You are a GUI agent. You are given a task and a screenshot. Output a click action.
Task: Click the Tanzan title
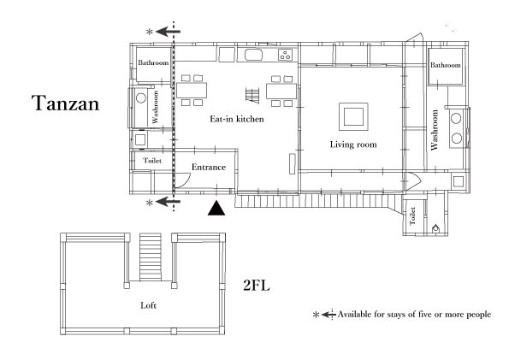pyautogui.click(x=65, y=103)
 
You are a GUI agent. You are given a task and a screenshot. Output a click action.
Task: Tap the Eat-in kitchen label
pyautogui.click(x=237, y=119)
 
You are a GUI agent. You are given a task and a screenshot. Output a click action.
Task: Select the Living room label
pyautogui.click(x=353, y=145)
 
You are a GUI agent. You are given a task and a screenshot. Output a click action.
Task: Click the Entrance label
pyautogui.click(x=209, y=167)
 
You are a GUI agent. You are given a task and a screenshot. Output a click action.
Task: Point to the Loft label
pyautogui.click(x=148, y=305)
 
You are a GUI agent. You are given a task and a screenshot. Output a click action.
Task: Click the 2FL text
pyautogui.click(x=257, y=286)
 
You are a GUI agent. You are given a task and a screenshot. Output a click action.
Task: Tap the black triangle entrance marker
pyautogui.click(x=216, y=208)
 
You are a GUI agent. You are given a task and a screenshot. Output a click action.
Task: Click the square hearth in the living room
pyautogui.click(x=353, y=116)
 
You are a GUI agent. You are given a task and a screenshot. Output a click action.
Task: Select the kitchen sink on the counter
pyautogui.click(x=253, y=55)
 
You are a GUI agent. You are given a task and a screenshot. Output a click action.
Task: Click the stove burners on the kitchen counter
pyautogui.click(x=286, y=55)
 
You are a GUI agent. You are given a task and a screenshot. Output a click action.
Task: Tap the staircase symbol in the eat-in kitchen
pyautogui.click(x=252, y=96)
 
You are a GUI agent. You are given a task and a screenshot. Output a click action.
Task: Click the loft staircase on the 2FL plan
pyautogui.click(x=151, y=257)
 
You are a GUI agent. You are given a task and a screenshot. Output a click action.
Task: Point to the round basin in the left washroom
pyautogui.click(x=141, y=97)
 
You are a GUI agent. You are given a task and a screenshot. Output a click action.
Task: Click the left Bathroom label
pyautogui.click(x=153, y=62)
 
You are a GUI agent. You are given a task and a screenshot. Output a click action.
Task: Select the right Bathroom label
pyautogui.click(x=446, y=65)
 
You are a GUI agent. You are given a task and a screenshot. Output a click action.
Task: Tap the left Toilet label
pyautogui.click(x=152, y=161)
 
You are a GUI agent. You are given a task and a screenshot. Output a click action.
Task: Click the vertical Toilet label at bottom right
pyautogui.click(x=412, y=215)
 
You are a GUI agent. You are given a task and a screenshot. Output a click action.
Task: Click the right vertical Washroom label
pyautogui.click(x=435, y=130)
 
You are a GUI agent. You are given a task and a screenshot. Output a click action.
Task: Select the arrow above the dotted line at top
pyautogui.click(x=168, y=32)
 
